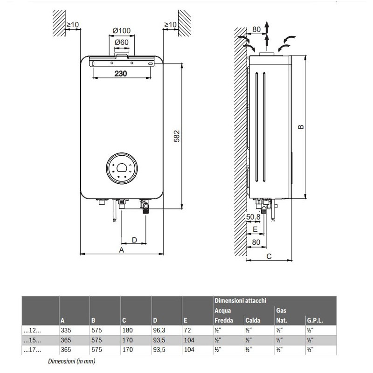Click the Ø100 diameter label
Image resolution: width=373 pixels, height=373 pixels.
(121, 31)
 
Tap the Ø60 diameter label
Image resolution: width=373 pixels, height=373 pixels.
(121, 43)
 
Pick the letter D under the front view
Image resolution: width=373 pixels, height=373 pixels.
(134, 240)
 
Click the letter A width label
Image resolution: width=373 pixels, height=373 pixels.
(121, 250)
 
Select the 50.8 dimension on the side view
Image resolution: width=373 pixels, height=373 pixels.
(253, 216)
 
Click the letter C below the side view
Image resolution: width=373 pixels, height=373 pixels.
(269, 256)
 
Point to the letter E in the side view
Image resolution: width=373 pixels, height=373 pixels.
(256, 229)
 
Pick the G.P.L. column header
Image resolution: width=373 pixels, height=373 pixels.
(315, 321)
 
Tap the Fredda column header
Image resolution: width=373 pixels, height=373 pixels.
(224, 321)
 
